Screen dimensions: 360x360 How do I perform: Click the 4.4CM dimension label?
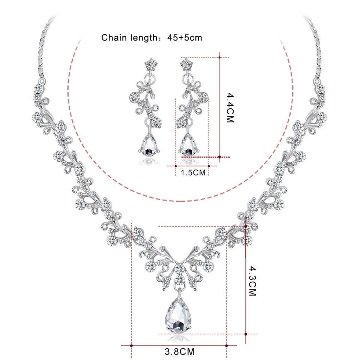(230, 108)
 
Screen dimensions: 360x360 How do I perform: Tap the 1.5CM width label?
(193, 172)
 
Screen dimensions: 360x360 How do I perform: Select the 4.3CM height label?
(252, 281)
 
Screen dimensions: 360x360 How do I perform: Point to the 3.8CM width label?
(180, 351)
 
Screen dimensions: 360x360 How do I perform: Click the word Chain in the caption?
(114, 37)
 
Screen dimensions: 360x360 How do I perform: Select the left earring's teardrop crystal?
(149, 145)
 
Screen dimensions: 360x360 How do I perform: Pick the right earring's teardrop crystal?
(189, 145)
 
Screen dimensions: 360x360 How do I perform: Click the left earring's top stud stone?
(151, 64)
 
